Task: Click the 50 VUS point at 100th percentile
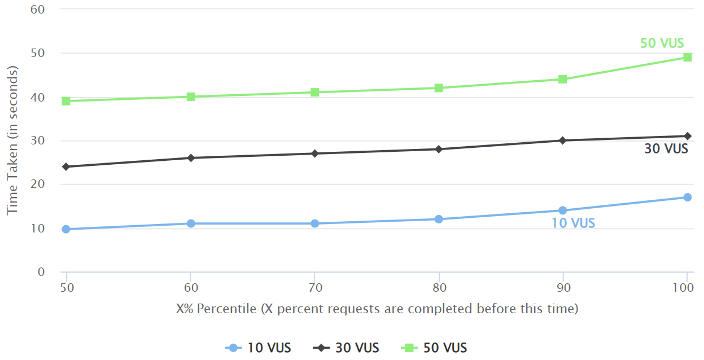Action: point(687,57)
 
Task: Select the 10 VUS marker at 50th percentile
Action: point(66,229)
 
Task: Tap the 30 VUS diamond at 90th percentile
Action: point(562,141)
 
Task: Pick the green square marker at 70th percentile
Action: point(315,92)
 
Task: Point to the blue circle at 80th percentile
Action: point(439,219)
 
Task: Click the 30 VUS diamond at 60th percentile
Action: point(191,158)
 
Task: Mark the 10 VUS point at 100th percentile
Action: point(687,197)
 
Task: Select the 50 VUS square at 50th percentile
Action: point(66,101)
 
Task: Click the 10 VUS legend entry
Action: point(258,348)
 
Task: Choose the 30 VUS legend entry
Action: point(346,348)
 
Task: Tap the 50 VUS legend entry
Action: point(434,348)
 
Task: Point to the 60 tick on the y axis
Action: point(38,10)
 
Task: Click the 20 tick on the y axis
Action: point(38,185)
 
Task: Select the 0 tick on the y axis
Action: point(41,272)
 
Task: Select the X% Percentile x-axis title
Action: point(377,309)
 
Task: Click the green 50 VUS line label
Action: point(662,43)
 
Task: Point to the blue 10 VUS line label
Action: point(573,223)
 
